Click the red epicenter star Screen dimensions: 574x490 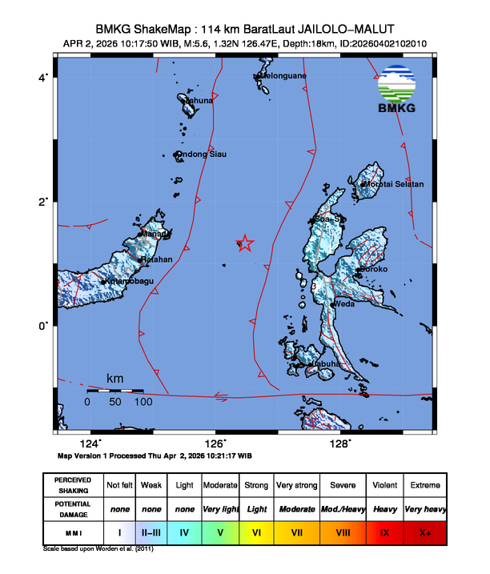pyautogui.click(x=245, y=243)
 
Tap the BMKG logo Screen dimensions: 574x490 pyautogui.click(x=401, y=90)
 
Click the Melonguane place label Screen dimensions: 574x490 pyautogui.click(x=283, y=76)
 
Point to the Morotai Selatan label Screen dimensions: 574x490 pyautogui.click(x=395, y=184)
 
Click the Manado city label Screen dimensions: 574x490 pyautogui.click(x=155, y=235)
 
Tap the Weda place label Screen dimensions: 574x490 pyautogui.click(x=345, y=304)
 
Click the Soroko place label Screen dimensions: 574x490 pyautogui.click(x=372, y=269)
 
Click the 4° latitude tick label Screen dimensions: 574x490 pyautogui.click(x=45, y=77)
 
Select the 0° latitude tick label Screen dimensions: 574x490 pyautogui.click(x=45, y=325)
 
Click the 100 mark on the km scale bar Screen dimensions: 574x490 pyautogui.click(x=143, y=402)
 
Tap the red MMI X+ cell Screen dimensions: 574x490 pyautogui.click(x=425, y=532)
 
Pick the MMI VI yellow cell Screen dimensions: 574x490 pyautogui.click(x=256, y=532)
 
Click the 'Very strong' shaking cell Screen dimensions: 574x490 pyautogui.click(x=296, y=485)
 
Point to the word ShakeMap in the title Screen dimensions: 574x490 pyautogui.click(x=162, y=26)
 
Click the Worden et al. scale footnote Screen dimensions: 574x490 pyautogui.click(x=98, y=550)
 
